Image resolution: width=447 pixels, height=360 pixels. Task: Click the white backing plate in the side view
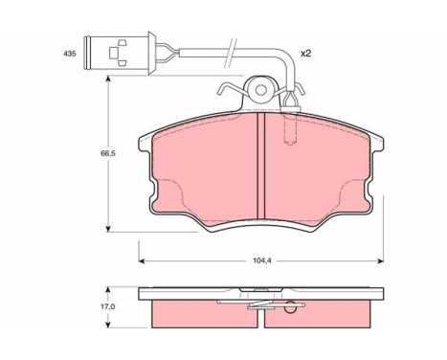(258, 294)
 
